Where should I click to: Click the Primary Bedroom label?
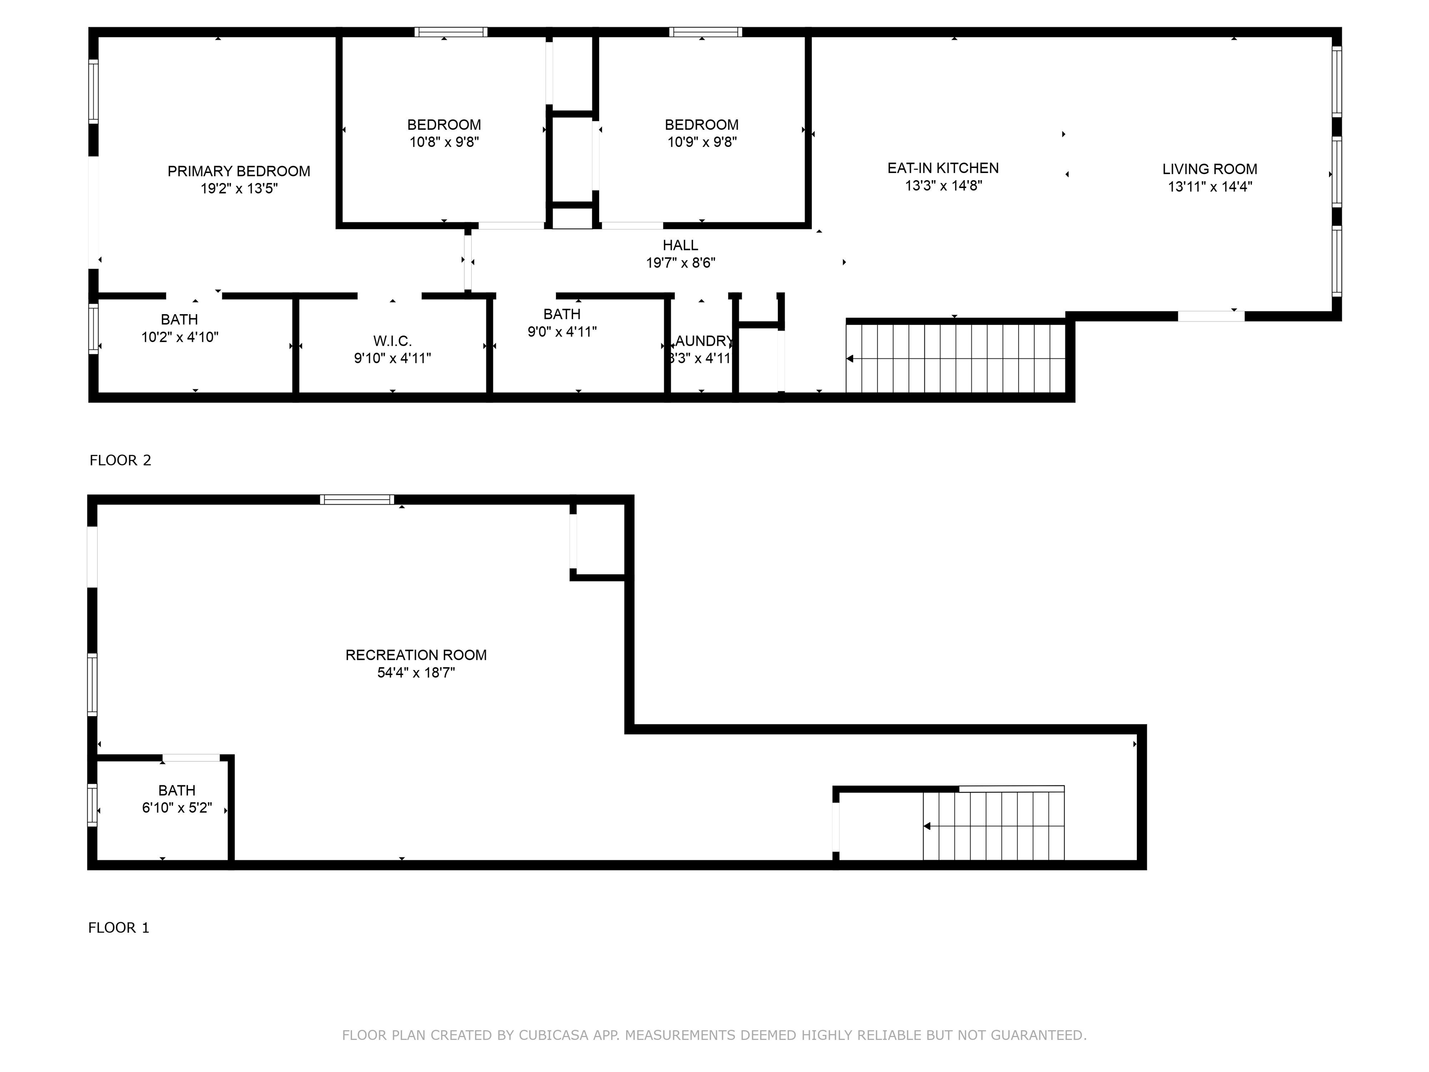coord(239,171)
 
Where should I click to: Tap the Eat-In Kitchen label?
coord(943,168)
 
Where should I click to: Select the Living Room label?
coord(1210,169)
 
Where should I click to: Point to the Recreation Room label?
coord(416,655)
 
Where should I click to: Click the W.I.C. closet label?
coord(392,341)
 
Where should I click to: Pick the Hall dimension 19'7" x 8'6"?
coord(681,263)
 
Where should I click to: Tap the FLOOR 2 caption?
coord(120,460)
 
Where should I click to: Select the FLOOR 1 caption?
coord(119,928)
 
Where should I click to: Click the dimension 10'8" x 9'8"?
coord(444,142)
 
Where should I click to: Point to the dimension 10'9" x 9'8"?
coord(702,142)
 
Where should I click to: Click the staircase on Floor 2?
coord(955,359)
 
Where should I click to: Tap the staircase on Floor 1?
coord(994,826)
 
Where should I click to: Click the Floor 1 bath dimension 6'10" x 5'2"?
coord(177,808)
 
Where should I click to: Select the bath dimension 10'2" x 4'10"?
coord(180,337)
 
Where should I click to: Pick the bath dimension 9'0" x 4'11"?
coord(562,331)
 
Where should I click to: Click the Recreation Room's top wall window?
coord(357,499)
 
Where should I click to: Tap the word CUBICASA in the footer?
coord(554,1035)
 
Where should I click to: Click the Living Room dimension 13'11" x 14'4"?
coord(1210,187)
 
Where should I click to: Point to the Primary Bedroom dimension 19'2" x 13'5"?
coord(239,189)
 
